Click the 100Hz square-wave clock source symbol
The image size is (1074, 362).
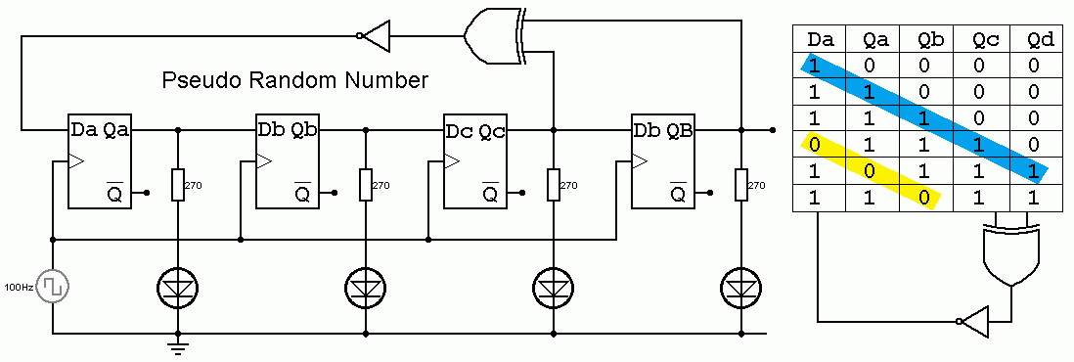click(x=54, y=288)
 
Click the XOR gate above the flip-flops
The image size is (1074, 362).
click(x=495, y=36)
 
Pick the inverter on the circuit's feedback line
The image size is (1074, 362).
click(x=376, y=36)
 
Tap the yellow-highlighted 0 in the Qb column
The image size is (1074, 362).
click(x=923, y=199)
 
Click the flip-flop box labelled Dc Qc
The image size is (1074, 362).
click(x=475, y=163)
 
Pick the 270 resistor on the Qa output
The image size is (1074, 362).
click(x=177, y=184)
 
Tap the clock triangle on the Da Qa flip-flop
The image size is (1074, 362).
click(x=74, y=160)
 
